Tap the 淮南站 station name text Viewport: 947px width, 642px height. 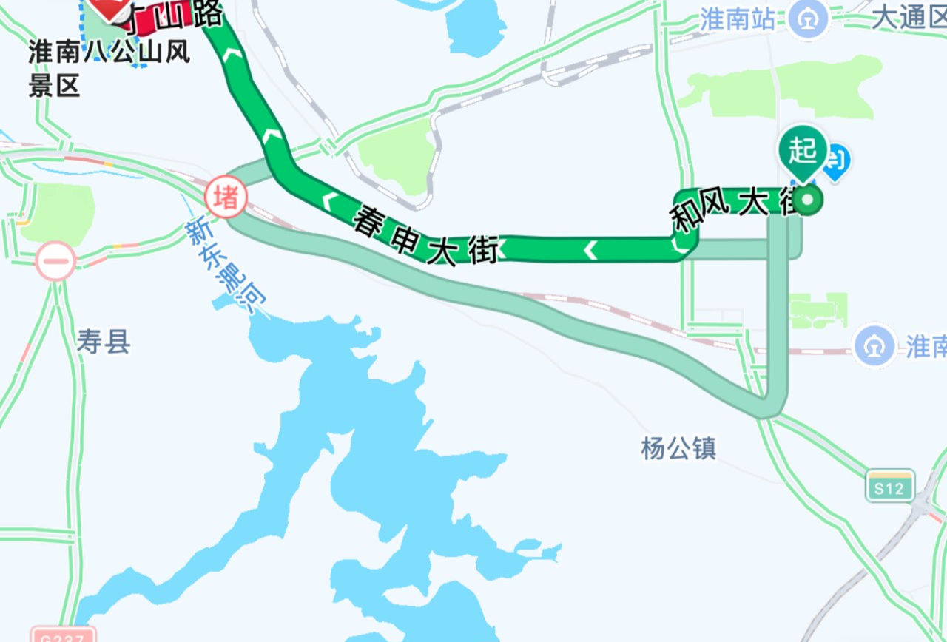(x=738, y=19)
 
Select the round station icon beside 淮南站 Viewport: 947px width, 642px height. (x=808, y=19)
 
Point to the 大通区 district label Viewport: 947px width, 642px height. (x=909, y=18)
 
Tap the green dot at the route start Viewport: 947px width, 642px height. (x=809, y=200)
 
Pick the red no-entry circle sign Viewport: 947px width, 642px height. (x=55, y=260)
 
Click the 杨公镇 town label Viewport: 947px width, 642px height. (x=678, y=448)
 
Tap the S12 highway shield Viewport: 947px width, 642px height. (x=890, y=486)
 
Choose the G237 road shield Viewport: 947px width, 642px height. (x=63, y=635)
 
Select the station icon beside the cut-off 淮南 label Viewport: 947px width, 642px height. (x=874, y=345)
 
